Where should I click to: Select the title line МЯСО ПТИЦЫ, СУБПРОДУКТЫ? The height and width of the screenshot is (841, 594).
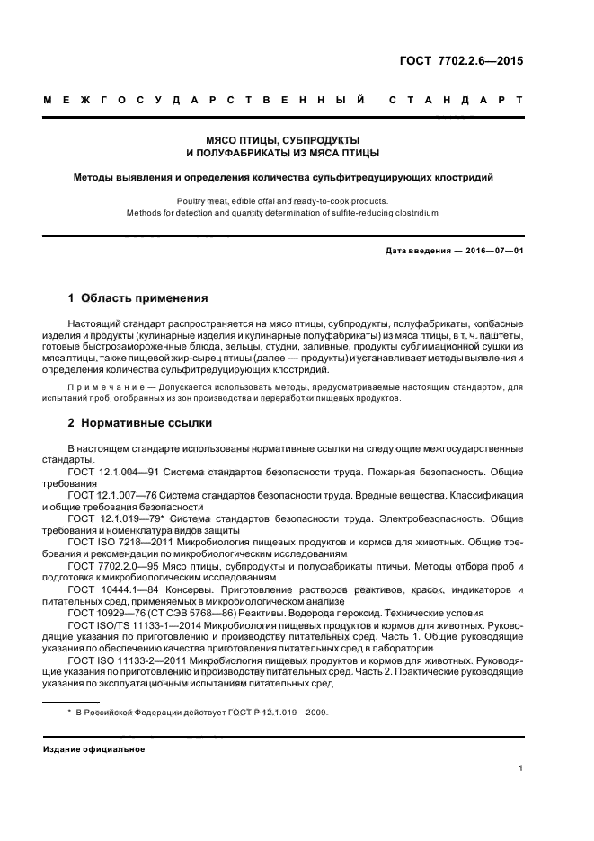pyautogui.click(x=283, y=141)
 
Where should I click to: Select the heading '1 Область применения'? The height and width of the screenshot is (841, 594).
pyautogui.click(x=138, y=297)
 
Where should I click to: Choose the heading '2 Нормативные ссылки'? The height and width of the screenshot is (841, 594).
pyautogui.click(x=140, y=422)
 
